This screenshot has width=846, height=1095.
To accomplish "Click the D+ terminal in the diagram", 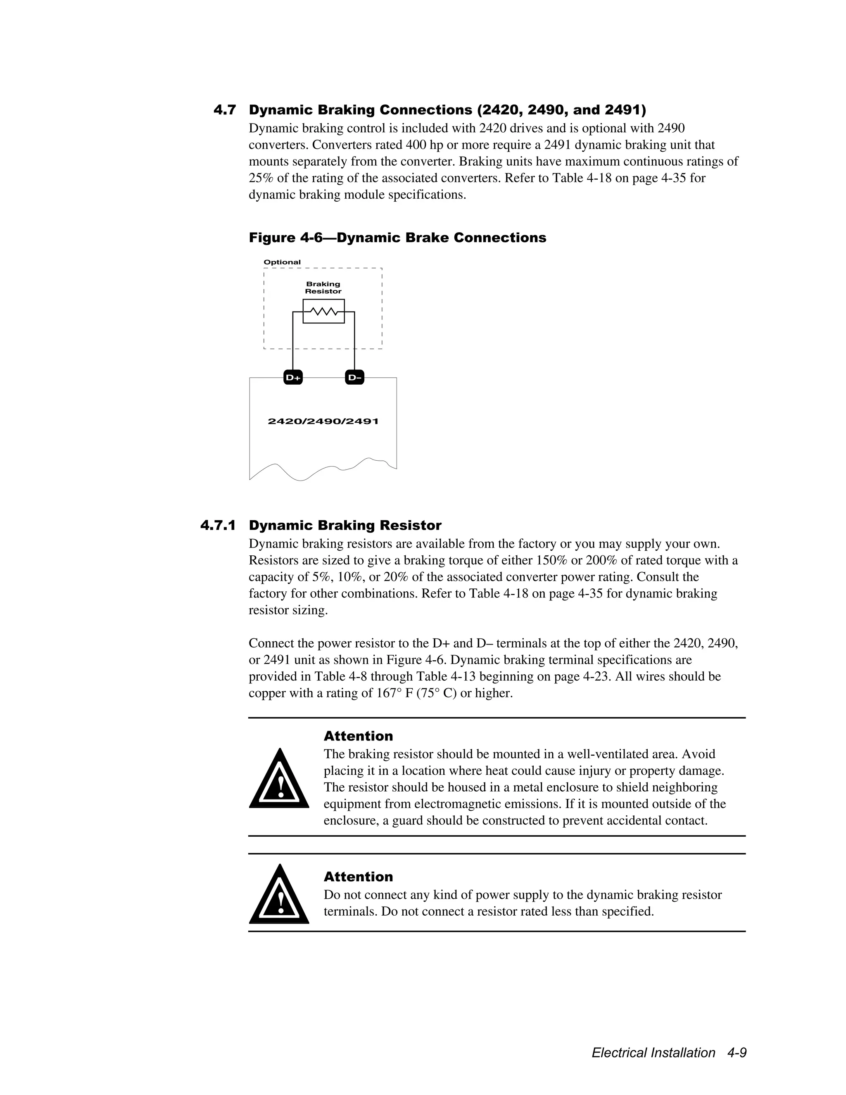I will coord(293,378).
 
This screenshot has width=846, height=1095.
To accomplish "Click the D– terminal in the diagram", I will coord(354,378).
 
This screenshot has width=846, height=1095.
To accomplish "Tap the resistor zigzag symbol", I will coord(323,312).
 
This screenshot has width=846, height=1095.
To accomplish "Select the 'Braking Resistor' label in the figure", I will coord(323,288).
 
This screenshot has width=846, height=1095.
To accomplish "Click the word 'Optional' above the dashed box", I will coord(282,262).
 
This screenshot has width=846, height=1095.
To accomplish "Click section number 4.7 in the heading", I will coord(225,110).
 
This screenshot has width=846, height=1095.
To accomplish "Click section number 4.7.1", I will coord(218,526).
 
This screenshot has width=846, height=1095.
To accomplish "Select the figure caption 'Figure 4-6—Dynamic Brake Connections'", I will coord(397,238).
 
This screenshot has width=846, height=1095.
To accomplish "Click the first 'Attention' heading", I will coord(358,736).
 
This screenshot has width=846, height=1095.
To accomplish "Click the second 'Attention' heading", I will coord(358,876).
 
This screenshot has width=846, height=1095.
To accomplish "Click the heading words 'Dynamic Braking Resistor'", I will coord(345,526).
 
